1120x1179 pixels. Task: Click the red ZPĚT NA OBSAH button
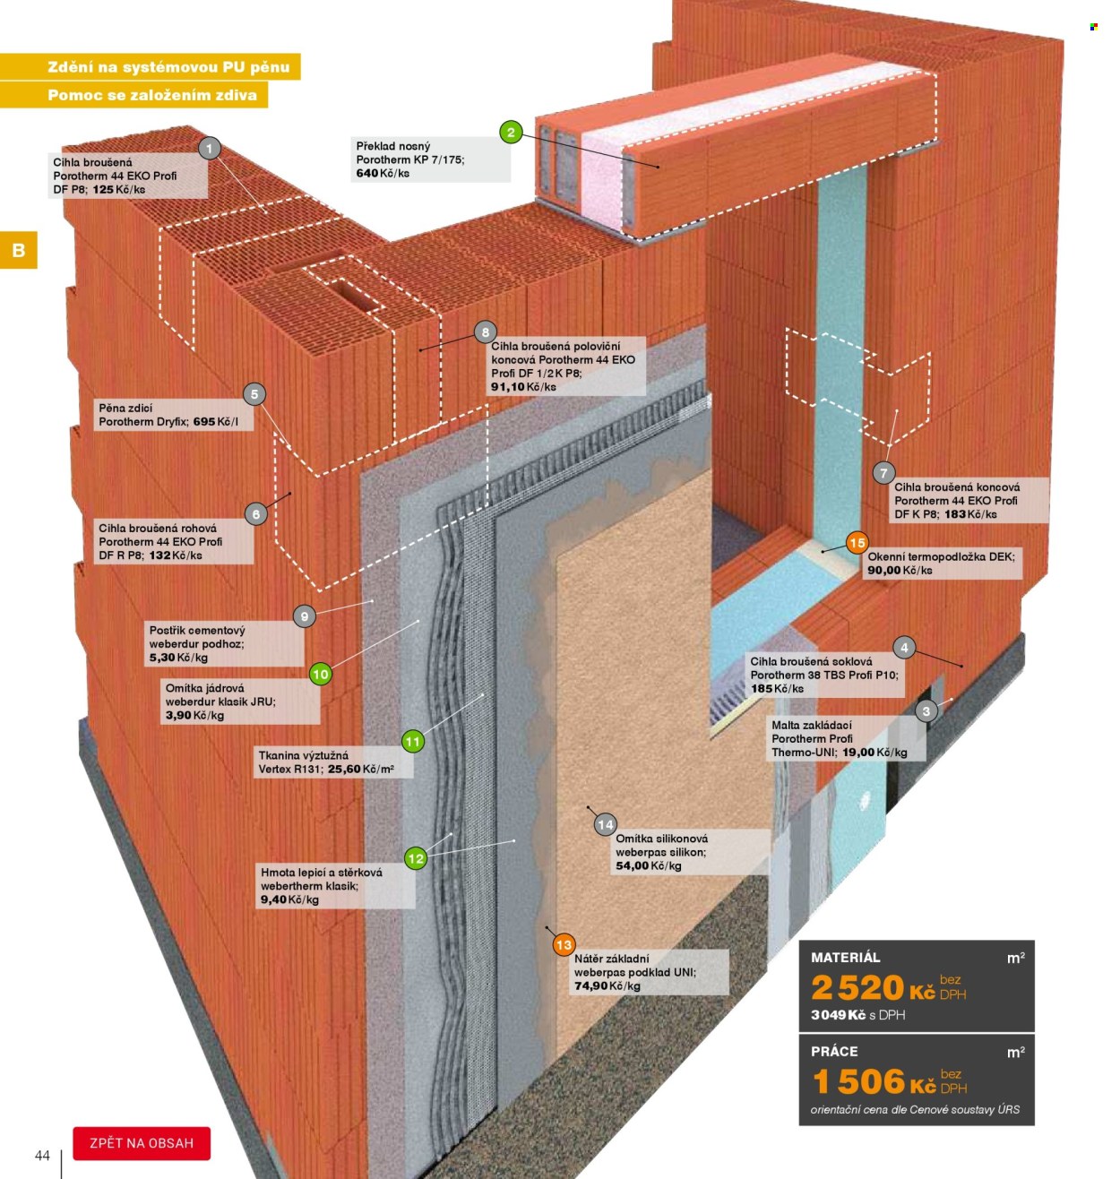coord(142,1143)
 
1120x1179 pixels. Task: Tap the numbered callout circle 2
coord(511,132)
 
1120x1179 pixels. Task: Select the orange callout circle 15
coord(857,543)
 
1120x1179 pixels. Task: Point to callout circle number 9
coord(304,615)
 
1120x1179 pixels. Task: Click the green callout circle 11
coord(413,741)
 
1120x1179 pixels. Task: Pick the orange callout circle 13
coord(564,946)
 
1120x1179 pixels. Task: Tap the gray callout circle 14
coord(606,824)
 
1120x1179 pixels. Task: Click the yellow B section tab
coord(19,250)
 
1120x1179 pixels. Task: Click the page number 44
coord(42,1155)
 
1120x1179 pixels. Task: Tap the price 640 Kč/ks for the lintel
coord(383,173)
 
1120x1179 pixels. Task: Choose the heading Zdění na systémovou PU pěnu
coord(168,67)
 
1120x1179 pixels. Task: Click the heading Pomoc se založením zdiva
coord(152,95)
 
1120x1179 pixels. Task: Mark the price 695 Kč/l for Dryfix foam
coord(215,422)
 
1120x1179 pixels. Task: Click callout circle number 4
coord(904,647)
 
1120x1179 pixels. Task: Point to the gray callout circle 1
coord(210,148)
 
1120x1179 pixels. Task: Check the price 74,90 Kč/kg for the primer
coord(607,985)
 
